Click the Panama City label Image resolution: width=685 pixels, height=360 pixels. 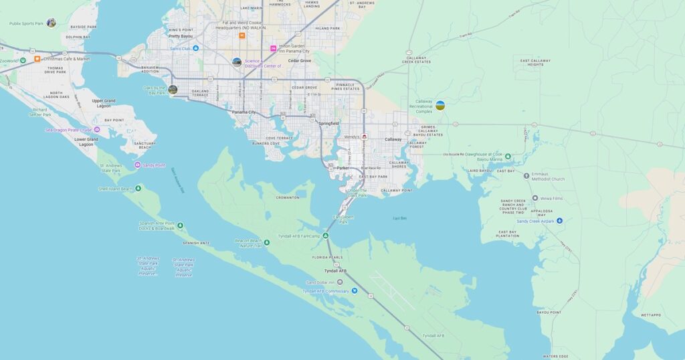click(x=244, y=112)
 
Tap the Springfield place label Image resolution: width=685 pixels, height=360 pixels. click(x=328, y=123)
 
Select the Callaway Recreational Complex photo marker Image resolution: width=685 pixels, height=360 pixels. click(x=440, y=105)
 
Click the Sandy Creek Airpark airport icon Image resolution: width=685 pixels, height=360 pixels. click(x=559, y=221)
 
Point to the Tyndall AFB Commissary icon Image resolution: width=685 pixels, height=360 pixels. click(x=355, y=291)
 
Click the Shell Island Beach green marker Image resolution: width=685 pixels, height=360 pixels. click(x=138, y=188)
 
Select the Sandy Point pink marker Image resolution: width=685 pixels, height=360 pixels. click(x=138, y=165)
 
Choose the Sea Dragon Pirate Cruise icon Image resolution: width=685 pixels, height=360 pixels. click(x=97, y=130)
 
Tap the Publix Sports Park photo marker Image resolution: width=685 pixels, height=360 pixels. click(x=51, y=23)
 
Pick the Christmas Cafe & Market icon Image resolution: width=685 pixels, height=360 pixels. click(x=37, y=59)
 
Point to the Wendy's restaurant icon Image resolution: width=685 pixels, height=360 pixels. click(x=365, y=137)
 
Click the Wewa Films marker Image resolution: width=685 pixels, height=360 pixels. click(x=516, y=198)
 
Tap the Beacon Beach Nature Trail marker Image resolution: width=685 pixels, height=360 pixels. click(x=267, y=242)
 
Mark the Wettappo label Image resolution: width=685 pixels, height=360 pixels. click(x=651, y=314)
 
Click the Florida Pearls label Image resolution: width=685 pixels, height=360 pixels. click(x=328, y=257)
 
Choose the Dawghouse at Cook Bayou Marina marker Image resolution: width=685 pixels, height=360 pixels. click(x=508, y=157)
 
